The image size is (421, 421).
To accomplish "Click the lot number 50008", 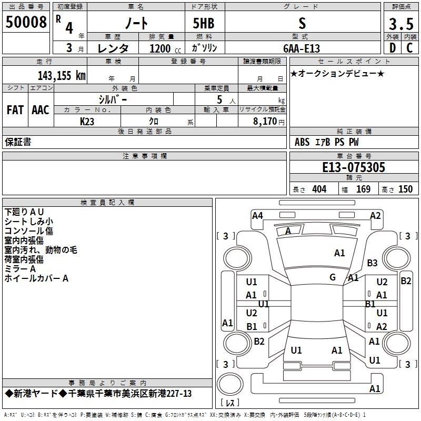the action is click(x=26, y=22).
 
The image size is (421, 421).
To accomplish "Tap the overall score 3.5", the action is click(x=401, y=24).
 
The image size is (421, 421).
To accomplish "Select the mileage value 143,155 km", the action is click(x=62, y=75).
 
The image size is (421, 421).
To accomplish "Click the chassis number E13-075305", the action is click(x=354, y=167).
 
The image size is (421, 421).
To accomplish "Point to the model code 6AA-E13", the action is click(x=302, y=48).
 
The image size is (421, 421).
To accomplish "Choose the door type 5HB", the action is click(x=204, y=23).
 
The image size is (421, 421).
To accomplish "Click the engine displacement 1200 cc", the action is click(x=165, y=48).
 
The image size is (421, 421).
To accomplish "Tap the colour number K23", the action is click(x=87, y=122).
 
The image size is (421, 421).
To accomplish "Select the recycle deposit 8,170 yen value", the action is click(x=268, y=122).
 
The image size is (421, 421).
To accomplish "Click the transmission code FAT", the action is click(x=15, y=110).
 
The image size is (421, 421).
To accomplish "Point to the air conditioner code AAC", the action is click(x=41, y=110).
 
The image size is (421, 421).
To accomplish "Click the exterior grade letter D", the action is click(x=393, y=48).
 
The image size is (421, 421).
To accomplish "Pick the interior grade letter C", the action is click(x=409, y=48).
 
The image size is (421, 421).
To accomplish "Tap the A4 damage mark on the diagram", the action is click(x=257, y=215).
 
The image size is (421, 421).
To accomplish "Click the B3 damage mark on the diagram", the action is click(x=372, y=263).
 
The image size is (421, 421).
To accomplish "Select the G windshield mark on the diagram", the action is click(x=333, y=277).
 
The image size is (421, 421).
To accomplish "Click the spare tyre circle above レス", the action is click(x=230, y=384).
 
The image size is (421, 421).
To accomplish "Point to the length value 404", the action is click(x=319, y=189).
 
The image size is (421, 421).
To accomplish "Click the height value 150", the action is click(x=405, y=189).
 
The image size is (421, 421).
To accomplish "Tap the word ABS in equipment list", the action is click(x=302, y=142).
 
